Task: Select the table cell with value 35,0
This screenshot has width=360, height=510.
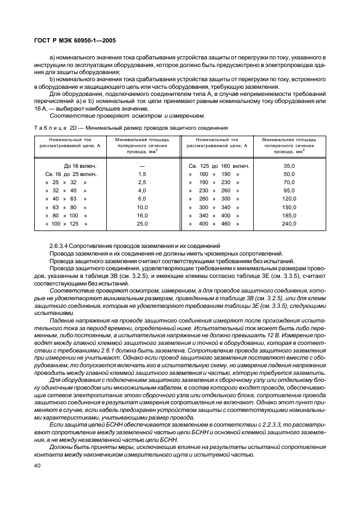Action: (289, 166)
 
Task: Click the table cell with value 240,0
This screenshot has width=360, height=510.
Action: (289, 224)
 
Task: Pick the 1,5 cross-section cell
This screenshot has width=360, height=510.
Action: (142, 174)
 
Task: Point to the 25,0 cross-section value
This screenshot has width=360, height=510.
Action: (142, 224)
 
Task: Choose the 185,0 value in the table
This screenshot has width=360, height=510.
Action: (289, 216)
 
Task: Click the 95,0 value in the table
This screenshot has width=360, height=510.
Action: (289, 191)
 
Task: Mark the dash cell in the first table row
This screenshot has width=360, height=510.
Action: (142, 166)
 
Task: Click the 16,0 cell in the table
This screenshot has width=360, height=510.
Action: (142, 216)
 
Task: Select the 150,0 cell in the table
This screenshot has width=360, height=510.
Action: (289, 207)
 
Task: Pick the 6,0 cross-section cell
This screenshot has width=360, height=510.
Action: (142, 199)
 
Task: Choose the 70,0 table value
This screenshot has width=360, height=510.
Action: (289, 182)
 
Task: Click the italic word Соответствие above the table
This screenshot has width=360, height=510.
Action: (68, 116)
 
